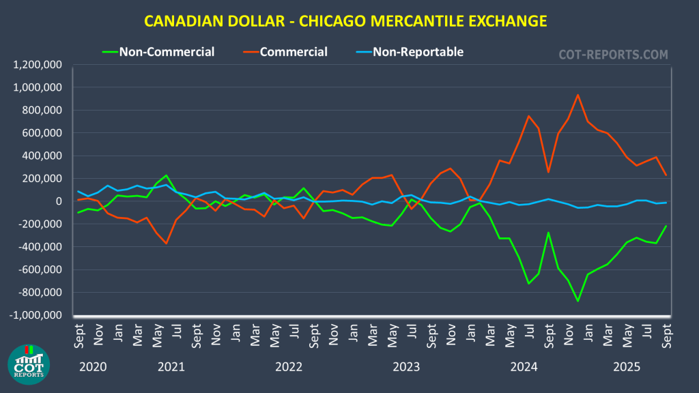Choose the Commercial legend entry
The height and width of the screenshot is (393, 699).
[294, 51]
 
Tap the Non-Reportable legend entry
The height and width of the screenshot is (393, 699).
[418, 51]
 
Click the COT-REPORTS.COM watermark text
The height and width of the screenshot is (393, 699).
[613, 55]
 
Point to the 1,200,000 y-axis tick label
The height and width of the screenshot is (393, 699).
[38, 65]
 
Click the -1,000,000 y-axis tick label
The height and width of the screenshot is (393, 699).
[37, 315]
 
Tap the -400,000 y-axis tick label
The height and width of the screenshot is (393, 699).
[40, 247]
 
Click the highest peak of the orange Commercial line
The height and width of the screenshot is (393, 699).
[578, 95]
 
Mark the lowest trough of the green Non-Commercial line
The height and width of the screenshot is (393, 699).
[578, 301]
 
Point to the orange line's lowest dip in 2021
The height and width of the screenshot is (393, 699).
[166, 244]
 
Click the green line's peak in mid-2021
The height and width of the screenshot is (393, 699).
[166, 175]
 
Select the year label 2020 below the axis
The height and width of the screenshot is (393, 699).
[93, 366]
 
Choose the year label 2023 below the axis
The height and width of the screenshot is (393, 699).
[406, 366]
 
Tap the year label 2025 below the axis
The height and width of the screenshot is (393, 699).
[627, 366]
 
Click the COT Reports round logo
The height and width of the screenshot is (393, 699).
[28, 364]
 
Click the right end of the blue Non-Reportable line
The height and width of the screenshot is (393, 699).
[666, 203]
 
